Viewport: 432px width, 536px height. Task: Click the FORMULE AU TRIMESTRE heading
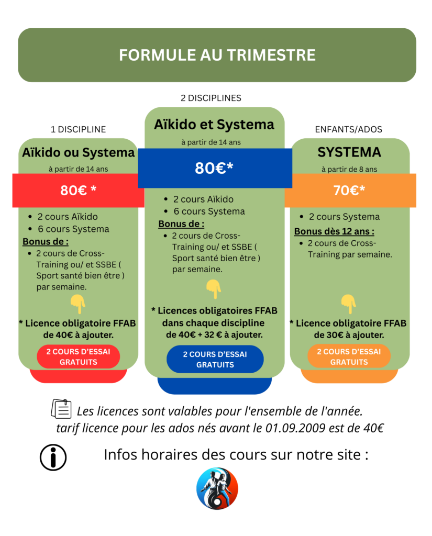tap(217, 55)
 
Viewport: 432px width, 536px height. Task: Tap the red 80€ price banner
tap(78, 191)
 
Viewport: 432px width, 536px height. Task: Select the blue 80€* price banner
tap(214, 168)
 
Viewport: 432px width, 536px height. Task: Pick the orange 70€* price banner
tap(349, 191)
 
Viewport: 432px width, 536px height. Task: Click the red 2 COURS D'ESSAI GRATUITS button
tap(78, 356)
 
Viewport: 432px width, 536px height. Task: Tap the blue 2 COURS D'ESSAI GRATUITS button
tap(215, 359)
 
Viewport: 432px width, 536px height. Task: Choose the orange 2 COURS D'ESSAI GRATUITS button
tap(349, 356)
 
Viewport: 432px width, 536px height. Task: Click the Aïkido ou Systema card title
tap(79, 152)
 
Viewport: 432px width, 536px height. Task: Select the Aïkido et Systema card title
tap(214, 125)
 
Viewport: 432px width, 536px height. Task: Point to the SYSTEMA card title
tap(349, 152)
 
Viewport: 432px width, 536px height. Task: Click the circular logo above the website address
tap(217, 488)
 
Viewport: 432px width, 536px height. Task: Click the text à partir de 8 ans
tap(349, 169)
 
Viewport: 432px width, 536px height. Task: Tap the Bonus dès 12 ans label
tap(334, 231)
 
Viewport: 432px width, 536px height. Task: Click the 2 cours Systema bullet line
tap(344, 217)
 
